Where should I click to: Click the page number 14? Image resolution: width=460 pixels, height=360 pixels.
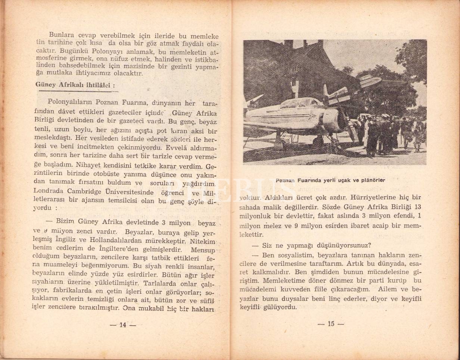122,325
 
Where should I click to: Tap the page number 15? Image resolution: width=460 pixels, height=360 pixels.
331,324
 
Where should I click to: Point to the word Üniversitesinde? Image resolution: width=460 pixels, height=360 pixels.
130,192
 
